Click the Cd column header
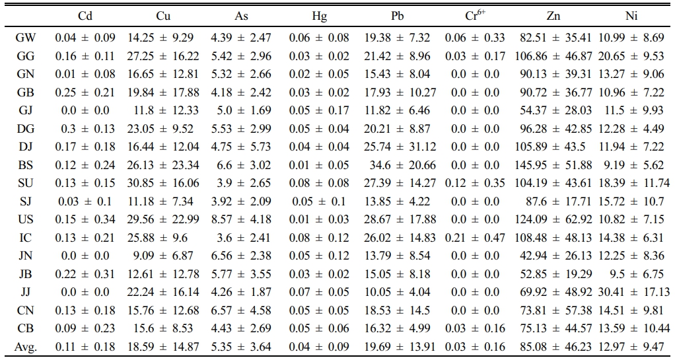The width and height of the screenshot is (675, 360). click(85, 17)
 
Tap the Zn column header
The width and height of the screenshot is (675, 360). click(553, 17)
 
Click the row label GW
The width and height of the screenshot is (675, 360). click(25, 38)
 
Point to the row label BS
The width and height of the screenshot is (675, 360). click(25, 165)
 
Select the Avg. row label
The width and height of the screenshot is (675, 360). click(25, 347)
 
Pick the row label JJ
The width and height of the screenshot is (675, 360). click(25, 293)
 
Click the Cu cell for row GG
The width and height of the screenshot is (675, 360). click(163, 56)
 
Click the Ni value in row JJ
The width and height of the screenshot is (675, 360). click(633, 293)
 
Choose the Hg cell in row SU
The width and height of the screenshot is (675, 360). click(318, 184)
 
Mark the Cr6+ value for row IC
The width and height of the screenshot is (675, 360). click(475, 238)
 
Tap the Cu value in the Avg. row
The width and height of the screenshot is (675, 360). click(163, 347)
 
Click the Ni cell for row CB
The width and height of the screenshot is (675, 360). click(633, 328)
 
